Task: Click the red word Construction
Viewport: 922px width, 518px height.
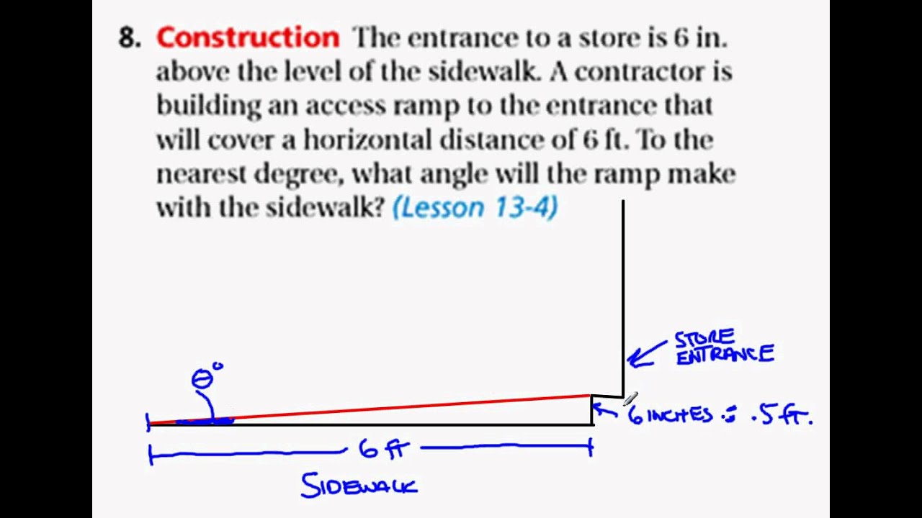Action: click(247, 37)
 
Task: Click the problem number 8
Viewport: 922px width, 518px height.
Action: click(129, 38)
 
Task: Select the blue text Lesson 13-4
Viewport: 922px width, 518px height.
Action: click(475, 208)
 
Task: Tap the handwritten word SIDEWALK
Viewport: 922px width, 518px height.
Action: click(359, 486)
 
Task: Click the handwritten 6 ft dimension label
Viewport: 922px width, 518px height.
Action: click(383, 450)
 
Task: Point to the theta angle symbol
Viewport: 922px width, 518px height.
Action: click(202, 379)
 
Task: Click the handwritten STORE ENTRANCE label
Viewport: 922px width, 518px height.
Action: click(724, 347)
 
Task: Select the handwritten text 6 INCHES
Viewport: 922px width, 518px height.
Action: click(670, 415)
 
